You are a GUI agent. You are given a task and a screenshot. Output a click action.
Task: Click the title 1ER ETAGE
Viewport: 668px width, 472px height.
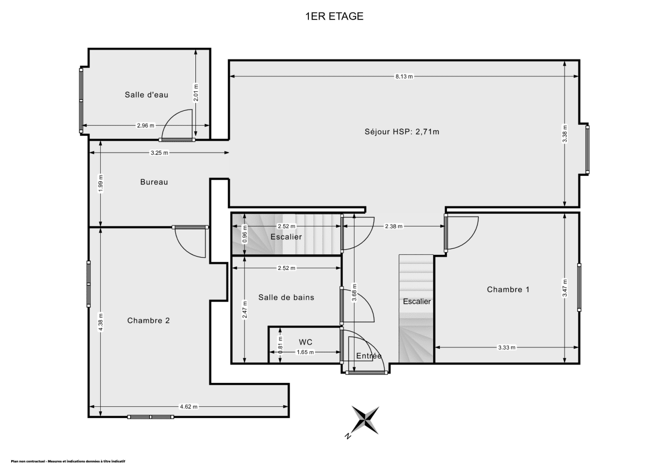pos(334,16)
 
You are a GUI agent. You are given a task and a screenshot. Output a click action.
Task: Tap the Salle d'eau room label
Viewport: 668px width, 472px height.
pos(146,95)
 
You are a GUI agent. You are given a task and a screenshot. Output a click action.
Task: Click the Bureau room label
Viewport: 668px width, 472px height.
pos(154,182)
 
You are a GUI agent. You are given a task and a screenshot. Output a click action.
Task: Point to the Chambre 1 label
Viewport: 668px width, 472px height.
pos(508,289)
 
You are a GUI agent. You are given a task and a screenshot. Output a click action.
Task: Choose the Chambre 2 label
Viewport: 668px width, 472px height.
pos(148,320)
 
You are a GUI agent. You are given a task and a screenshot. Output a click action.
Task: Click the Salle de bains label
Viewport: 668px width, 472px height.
pos(286,297)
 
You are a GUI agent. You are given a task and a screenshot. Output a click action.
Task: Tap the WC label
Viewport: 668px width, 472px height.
pos(306,341)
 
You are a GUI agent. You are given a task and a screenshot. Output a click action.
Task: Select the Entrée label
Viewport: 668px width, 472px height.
pos(369,356)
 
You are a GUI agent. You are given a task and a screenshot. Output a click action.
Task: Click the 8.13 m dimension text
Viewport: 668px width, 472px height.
pos(404,77)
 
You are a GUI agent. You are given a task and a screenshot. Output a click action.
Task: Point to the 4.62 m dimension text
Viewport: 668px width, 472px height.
pos(189,407)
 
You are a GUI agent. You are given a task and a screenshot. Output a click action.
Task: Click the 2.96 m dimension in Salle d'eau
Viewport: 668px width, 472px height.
pos(146,125)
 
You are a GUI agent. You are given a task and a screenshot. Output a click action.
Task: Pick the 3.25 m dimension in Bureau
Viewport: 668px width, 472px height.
pos(159,153)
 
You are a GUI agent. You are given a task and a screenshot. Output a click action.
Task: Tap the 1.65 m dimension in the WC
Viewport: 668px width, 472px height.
pos(305,352)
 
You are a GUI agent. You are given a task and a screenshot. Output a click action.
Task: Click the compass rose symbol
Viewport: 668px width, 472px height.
pos(365,419)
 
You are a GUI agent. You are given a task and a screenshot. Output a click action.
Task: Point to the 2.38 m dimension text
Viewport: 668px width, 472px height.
pos(393,227)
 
